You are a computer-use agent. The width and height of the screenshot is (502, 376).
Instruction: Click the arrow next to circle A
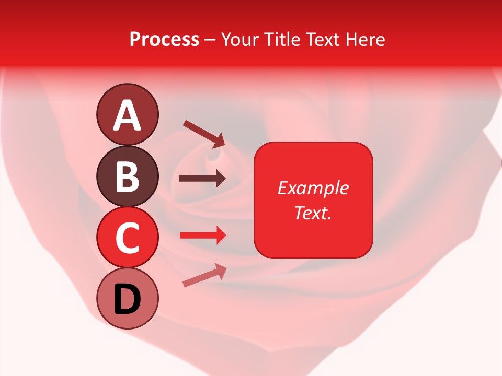point(204,133)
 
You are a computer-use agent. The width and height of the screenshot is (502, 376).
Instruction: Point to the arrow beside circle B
point(202,179)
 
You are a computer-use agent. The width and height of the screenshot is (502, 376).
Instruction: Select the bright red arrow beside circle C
point(202,236)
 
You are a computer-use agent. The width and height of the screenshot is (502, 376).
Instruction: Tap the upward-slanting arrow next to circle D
point(204,275)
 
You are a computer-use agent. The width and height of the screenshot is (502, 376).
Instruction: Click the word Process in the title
point(164,40)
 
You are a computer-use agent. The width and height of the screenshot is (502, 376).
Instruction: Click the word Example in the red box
point(313,188)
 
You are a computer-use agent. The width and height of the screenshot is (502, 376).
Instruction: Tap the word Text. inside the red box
point(313,213)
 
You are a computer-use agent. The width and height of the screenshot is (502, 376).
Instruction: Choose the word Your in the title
point(240,40)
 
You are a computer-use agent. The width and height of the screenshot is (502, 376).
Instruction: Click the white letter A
point(128,115)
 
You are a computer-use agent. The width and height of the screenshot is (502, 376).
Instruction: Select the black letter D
point(128,300)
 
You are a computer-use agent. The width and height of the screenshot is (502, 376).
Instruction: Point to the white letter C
point(128,238)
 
